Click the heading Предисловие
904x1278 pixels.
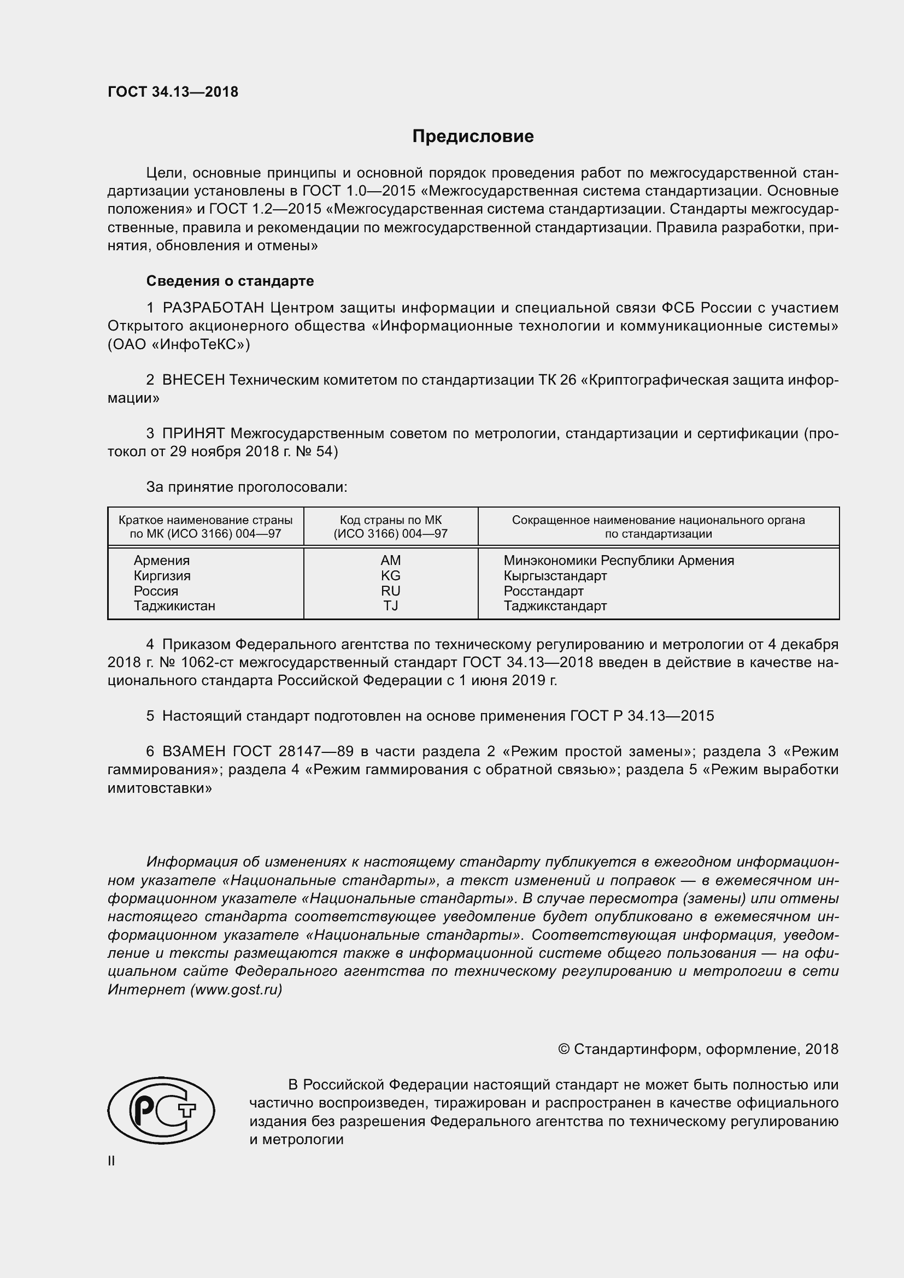tap(473, 137)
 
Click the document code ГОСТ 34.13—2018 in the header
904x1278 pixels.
tap(173, 92)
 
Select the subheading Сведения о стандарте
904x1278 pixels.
tap(230, 281)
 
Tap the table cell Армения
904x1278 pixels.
tap(161, 561)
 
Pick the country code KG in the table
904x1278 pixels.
tap(390, 575)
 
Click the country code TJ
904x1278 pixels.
tap(390, 605)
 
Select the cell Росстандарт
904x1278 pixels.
tap(543, 591)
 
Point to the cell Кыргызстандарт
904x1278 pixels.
tap(555, 575)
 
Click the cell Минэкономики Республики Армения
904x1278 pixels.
tap(619, 561)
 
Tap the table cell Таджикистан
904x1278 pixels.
tap(174, 605)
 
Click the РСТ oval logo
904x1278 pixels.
tap(161, 1110)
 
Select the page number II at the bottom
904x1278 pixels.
tap(111, 1161)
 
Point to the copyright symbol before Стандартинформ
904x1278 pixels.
tap(563, 1049)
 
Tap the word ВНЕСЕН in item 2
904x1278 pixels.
tap(193, 380)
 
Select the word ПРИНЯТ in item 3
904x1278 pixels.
tap(193, 434)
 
